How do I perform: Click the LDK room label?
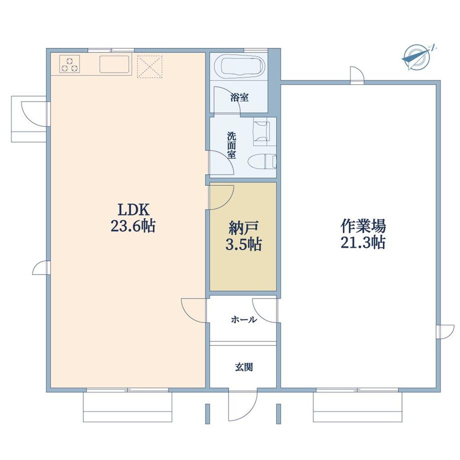click(x=133, y=210)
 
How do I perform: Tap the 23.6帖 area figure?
click(x=133, y=226)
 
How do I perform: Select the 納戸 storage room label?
click(x=243, y=228)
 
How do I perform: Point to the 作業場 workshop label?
click(x=363, y=226)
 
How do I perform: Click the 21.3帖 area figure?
click(x=363, y=242)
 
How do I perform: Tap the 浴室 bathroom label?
click(x=239, y=97)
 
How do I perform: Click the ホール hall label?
click(x=244, y=319)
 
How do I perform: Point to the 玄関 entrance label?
click(x=244, y=367)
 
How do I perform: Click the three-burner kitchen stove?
click(x=69, y=64)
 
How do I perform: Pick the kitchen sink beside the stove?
click(x=115, y=64)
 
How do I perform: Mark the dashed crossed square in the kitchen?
click(x=149, y=66)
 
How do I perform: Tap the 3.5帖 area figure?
click(x=243, y=244)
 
